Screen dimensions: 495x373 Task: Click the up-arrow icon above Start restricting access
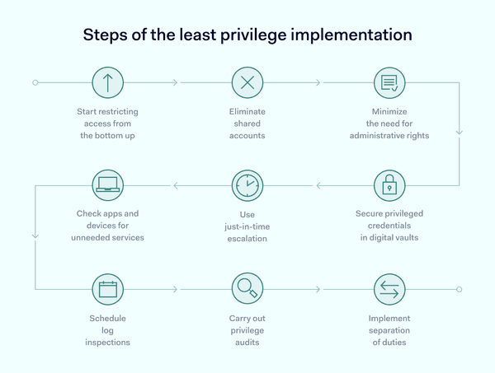click(107, 82)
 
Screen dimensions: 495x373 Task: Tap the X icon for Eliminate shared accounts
click(247, 82)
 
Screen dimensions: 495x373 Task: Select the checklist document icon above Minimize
click(389, 82)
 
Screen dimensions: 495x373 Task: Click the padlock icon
click(389, 185)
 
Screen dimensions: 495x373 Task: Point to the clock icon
click(247, 185)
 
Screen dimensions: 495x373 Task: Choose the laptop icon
click(107, 185)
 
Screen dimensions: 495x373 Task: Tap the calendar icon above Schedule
click(107, 289)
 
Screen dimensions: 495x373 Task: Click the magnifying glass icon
click(247, 288)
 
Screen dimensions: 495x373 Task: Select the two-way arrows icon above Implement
click(389, 289)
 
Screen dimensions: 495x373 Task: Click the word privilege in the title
click(253, 35)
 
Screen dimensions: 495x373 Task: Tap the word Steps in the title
click(106, 35)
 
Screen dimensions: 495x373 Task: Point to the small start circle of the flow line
click(35, 82)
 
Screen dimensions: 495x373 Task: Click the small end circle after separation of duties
click(460, 289)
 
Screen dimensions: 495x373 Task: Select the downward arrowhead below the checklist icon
click(460, 132)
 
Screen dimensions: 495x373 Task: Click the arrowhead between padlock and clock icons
click(318, 185)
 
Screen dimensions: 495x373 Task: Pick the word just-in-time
click(247, 226)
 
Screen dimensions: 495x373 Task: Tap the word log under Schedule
click(107, 330)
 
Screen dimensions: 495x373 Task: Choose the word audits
click(247, 343)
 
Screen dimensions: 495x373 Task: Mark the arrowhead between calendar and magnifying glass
click(176, 289)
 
